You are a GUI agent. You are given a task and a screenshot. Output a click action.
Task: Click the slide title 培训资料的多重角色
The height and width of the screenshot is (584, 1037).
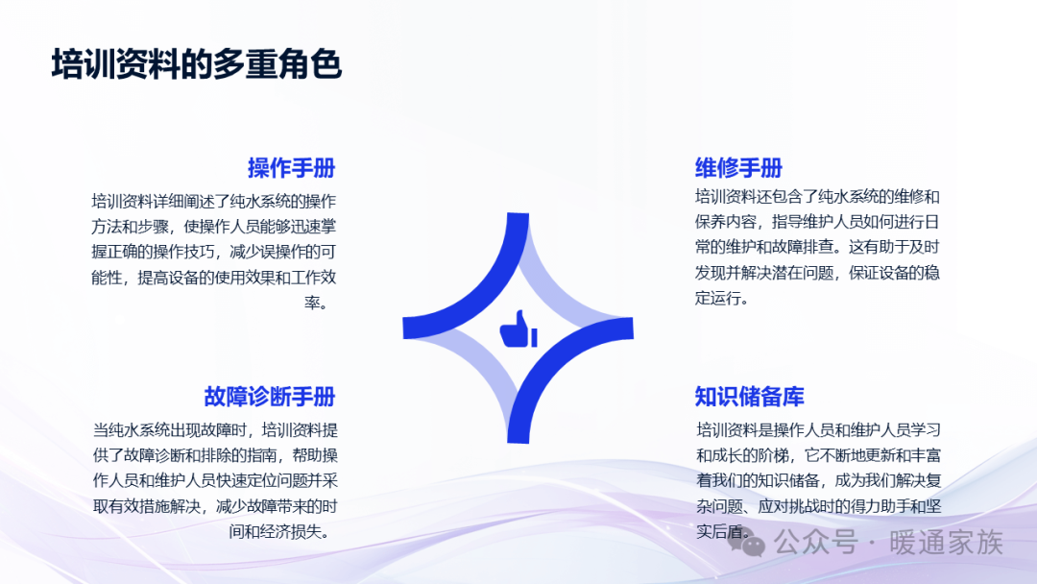coord(197,64)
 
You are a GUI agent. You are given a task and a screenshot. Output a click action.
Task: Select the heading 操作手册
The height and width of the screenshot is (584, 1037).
coord(292,168)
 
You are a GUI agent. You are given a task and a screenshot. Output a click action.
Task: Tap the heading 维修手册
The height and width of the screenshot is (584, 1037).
coord(738,168)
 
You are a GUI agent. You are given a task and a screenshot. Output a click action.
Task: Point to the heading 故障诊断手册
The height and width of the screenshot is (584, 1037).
coord(270,397)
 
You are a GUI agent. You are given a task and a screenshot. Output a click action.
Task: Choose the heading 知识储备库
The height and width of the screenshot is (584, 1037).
coord(749,397)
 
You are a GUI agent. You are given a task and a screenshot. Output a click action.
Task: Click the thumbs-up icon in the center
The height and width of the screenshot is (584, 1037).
coord(518,328)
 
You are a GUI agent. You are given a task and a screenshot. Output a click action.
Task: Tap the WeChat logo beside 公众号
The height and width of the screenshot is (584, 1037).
coord(747,543)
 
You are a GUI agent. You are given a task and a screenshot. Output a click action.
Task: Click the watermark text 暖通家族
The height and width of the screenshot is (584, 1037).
coord(947,543)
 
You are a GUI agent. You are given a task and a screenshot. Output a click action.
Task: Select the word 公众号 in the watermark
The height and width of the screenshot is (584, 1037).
coord(816,543)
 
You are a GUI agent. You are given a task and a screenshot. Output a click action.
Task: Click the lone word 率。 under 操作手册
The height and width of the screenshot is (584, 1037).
coord(316,303)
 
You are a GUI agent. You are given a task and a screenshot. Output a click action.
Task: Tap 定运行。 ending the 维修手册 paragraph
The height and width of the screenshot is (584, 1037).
coord(721,299)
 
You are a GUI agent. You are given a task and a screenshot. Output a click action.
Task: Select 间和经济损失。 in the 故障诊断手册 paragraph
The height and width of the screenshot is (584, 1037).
coord(279,532)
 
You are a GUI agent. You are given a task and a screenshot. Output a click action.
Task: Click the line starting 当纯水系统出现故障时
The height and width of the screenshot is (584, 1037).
coord(215,430)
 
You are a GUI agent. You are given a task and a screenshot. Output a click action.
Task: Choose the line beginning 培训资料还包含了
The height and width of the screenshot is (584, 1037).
coord(817,197)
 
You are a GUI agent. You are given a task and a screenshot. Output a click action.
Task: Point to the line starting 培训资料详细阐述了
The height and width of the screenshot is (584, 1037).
coord(213,201)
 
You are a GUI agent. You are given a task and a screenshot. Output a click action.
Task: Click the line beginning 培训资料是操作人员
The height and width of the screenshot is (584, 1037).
coord(819,430)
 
